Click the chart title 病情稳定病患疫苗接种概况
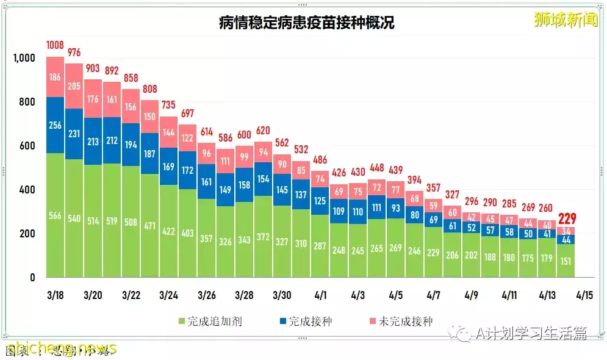pos(307,23)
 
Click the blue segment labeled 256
pos(55,124)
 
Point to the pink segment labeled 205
pos(74,86)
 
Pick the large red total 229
pos(567,219)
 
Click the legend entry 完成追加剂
pos(210,321)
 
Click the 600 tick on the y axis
pos(29,146)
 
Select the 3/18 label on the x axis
pos(55,295)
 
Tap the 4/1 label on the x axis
pos(320,295)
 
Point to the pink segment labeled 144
pos(169,132)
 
